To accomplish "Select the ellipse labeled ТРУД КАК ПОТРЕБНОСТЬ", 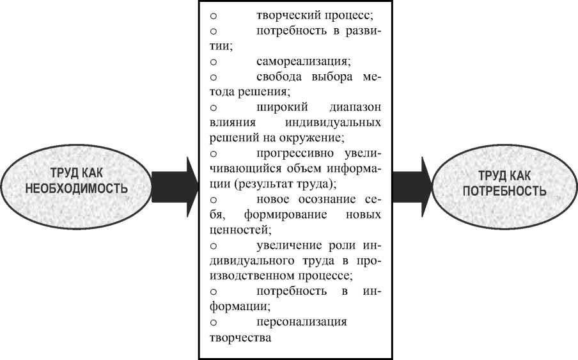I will click(x=504, y=182).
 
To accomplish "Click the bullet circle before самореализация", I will click(x=214, y=63).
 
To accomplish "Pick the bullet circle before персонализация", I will click(x=214, y=322).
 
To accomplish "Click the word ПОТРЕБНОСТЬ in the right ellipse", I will click(x=504, y=191).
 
